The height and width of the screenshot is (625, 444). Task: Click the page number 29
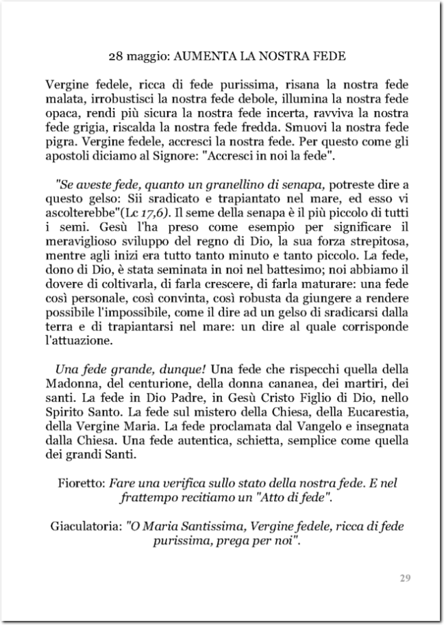(x=404, y=578)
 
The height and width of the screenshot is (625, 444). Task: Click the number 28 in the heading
(x=117, y=54)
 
